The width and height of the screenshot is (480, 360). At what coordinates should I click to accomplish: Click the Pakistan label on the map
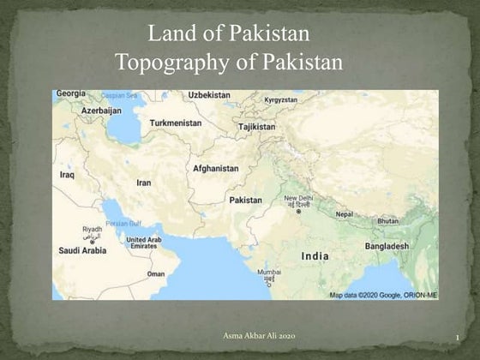point(246,200)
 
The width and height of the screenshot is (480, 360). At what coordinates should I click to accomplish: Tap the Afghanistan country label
point(216,168)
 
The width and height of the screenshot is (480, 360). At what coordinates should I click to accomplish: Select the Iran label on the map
point(144,183)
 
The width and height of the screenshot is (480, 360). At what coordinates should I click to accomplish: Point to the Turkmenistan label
point(176,123)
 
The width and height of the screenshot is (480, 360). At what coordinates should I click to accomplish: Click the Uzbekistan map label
point(209,94)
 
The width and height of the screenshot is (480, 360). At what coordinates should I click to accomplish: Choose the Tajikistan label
point(257,127)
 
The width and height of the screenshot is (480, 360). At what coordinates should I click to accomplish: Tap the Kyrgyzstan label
point(280,99)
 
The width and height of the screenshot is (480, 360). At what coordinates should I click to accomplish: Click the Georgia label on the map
point(70,93)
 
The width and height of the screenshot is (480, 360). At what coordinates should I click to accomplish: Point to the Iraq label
point(67,174)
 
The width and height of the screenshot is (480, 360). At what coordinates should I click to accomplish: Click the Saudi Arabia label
point(82,250)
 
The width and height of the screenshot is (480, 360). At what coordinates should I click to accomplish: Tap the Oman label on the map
point(156,274)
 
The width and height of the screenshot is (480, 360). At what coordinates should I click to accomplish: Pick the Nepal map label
point(344,214)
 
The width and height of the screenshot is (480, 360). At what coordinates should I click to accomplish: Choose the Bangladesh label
point(387,246)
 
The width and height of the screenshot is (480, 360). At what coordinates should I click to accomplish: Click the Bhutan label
point(388,221)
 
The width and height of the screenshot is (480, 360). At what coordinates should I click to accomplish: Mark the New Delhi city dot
point(298,212)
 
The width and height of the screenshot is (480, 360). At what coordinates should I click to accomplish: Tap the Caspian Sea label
point(119,95)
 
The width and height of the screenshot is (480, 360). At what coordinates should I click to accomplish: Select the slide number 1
point(459,337)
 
